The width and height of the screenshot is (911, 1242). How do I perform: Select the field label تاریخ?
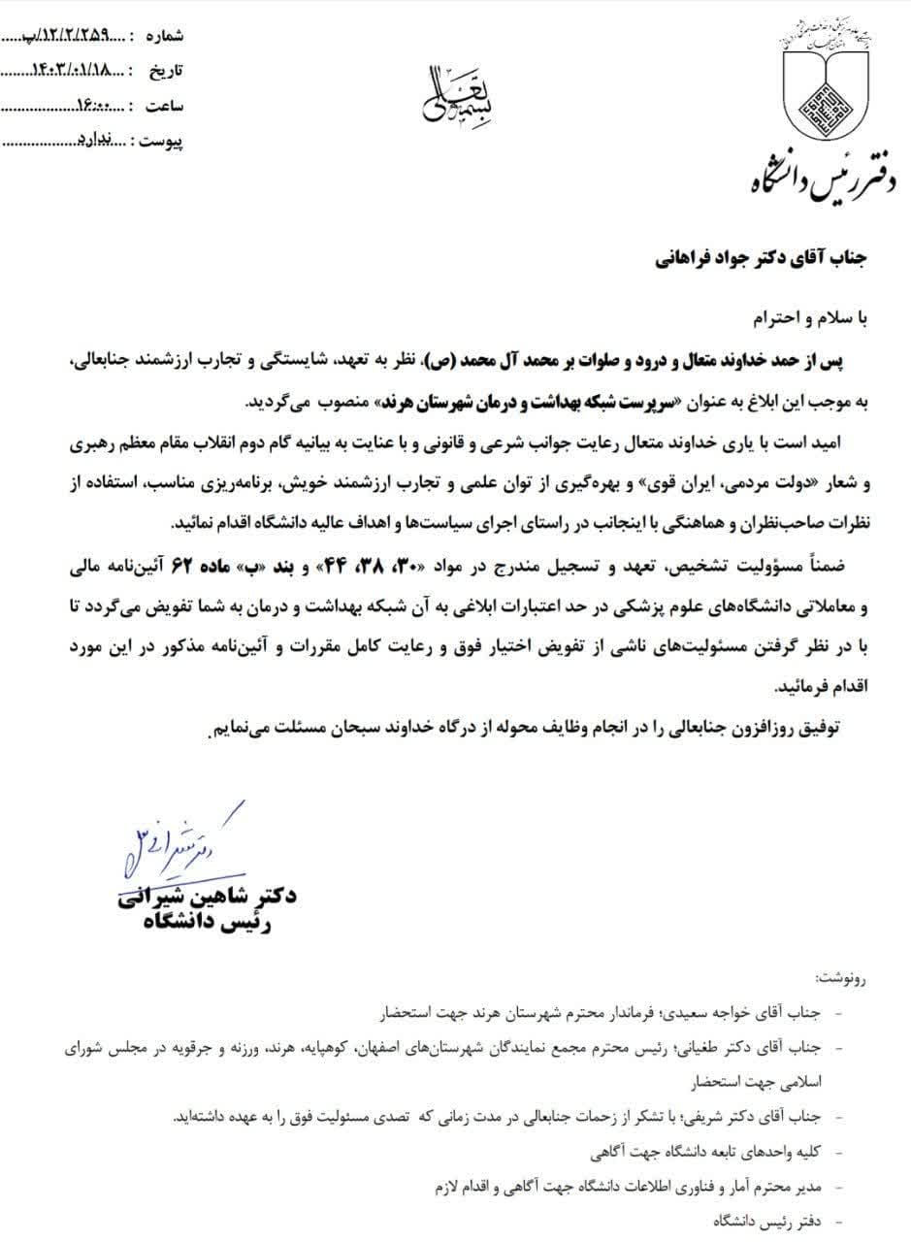(164, 71)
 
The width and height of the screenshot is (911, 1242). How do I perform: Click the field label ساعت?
(163, 106)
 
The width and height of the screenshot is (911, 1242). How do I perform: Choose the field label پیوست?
(161, 142)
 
